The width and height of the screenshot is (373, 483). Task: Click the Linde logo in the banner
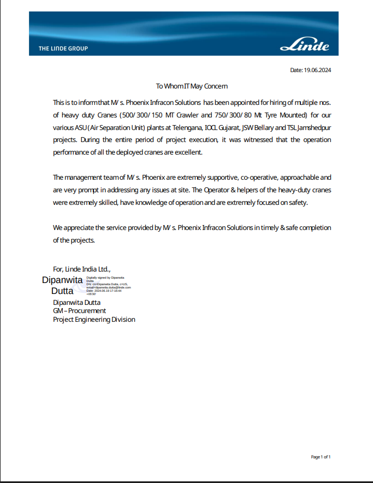[x=305, y=46]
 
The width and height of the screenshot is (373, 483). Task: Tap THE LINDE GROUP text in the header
[x=63, y=49]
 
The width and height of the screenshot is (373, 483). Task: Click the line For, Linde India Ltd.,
[x=82, y=269]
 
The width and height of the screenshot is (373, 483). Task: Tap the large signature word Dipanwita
[x=62, y=280]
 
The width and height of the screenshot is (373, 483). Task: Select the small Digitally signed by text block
[x=108, y=286]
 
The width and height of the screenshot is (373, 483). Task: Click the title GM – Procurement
[x=79, y=311]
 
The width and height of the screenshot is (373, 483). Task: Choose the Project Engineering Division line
[x=94, y=320]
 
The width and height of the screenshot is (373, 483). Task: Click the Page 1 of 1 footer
[x=321, y=457]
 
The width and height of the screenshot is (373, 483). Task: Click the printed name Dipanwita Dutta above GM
[x=76, y=302]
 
